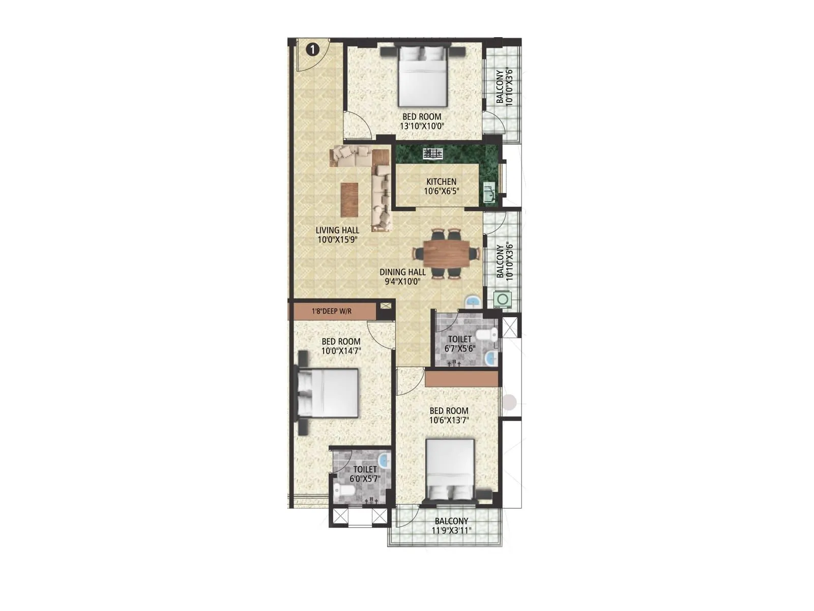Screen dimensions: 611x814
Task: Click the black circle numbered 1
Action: pyautogui.click(x=312, y=49)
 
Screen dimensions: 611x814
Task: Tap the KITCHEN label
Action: pyautogui.click(x=441, y=182)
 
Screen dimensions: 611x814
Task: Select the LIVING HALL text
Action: pyautogui.click(x=337, y=230)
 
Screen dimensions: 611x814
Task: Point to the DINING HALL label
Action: pyautogui.click(x=402, y=272)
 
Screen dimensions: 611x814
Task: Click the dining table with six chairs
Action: pyautogui.click(x=447, y=253)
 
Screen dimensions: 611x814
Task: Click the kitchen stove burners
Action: pyautogui.click(x=433, y=153)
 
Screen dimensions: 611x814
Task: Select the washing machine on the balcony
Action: pyautogui.click(x=503, y=299)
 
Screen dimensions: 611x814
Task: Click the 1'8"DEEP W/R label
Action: pyautogui.click(x=332, y=311)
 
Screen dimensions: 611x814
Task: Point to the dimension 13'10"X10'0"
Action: pyautogui.click(x=422, y=126)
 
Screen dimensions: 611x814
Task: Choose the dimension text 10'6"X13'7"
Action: pyautogui.click(x=449, y=420)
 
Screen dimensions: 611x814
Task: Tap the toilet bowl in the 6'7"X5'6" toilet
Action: pyautogui.click(x=490, y=335)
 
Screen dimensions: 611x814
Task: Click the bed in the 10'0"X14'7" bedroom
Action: pyautogui.click(x=328, y=393)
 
